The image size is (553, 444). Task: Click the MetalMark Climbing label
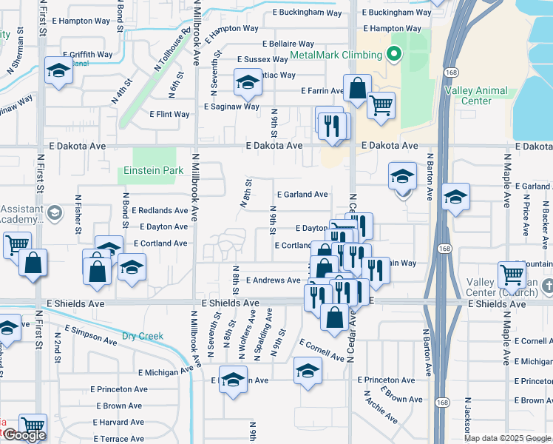(x=336, y=55)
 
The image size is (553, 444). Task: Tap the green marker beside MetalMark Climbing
(x=394, y=53)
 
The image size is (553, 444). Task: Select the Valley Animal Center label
(x=477, y=95)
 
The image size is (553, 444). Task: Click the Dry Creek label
(x=142, y=336)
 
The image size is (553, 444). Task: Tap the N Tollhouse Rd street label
(x=172, y=50)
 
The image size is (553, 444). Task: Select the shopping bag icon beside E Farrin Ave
(x=357, y=88)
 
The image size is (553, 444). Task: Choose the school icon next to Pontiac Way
(x=248, y=81)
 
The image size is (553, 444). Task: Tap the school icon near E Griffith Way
(x=58, y=70)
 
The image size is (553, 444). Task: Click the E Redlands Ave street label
(x=160, y=211)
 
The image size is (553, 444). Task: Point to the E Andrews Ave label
(x=274, y=280)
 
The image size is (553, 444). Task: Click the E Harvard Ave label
(x=117, y=422)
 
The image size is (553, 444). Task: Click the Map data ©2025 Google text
(x=507, y=438)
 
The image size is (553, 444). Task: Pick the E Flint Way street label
(x=169, y=115)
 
